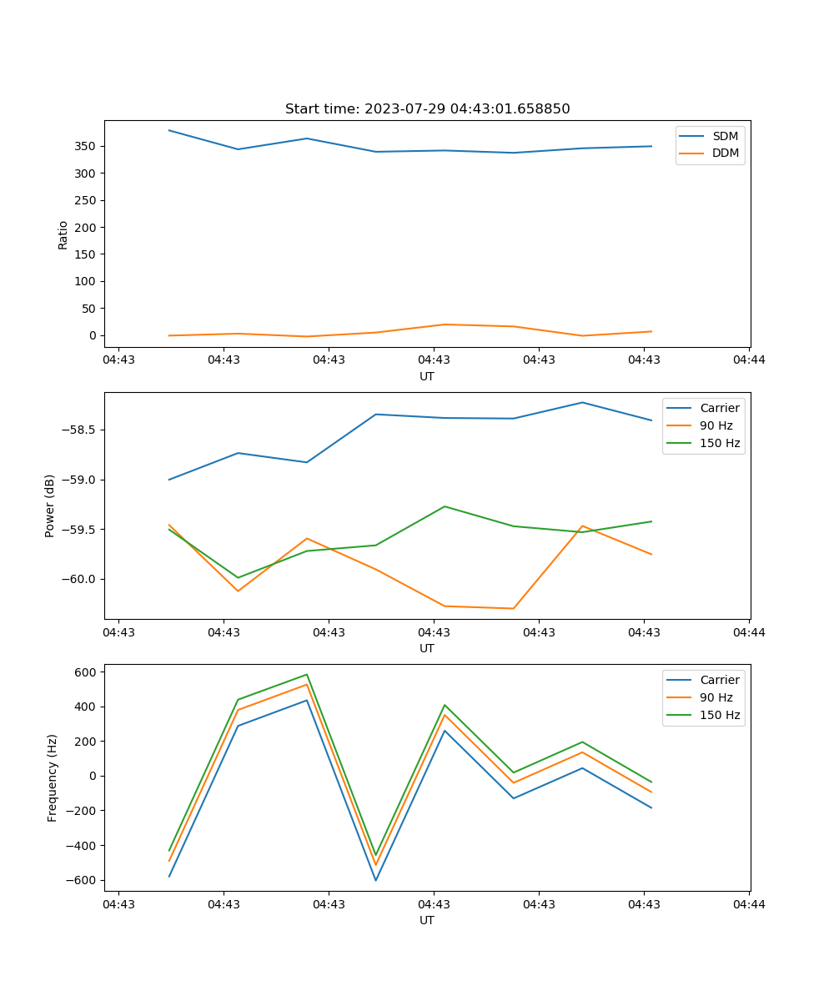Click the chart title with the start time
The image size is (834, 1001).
[427, 109]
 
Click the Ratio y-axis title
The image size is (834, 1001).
[63, 234]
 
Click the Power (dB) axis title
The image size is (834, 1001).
[50, 506]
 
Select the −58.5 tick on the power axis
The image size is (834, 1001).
[80, 430]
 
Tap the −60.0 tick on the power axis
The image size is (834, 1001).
[80, 579]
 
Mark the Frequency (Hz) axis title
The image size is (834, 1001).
[53, 777]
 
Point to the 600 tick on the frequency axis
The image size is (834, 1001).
[88, 672]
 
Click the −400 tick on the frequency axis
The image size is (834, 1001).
[84, 845]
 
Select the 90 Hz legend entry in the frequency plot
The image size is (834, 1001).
[716, 697]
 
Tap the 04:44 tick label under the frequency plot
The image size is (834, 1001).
[749, 903]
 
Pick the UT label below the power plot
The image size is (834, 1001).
[427, 648]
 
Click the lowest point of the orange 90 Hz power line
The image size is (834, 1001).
[513, 608]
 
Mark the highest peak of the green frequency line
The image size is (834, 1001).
[307, 674]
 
